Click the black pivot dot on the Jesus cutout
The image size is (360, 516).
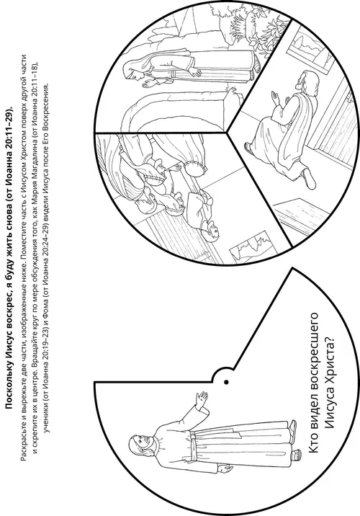tap(226, 382)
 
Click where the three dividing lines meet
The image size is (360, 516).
tap(227, 133)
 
